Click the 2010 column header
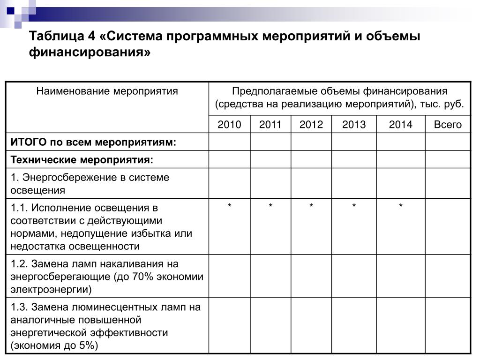coord(229,124)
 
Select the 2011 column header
coord(270,124)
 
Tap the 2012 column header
coord(311,124)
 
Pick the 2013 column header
coord(354,124)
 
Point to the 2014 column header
coord(401,124)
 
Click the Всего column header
coord(448,124)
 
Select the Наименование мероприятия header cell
coord(107,91)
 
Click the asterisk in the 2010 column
coord(229,206)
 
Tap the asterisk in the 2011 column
coord(270,206)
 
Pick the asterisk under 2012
coord(311,206)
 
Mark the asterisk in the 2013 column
coord(354,206)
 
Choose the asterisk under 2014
coord(401,206)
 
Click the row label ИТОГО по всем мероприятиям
coord(94,142)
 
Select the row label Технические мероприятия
coord(82,160)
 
